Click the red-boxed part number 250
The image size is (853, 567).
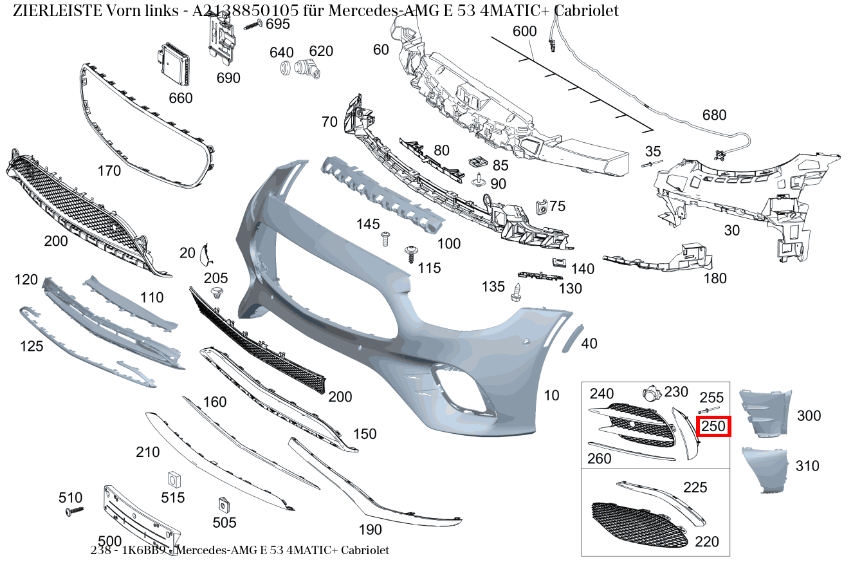[714, 426]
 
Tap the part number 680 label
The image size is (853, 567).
[714, 115]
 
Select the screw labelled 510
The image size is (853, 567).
[75, 511]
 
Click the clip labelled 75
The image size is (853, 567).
[540, 207]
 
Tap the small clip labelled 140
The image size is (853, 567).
[558, 262]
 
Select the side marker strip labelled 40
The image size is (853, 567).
[571, 339]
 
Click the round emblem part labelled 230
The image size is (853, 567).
[651, 395]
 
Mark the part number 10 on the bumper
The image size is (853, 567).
[552, 395]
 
